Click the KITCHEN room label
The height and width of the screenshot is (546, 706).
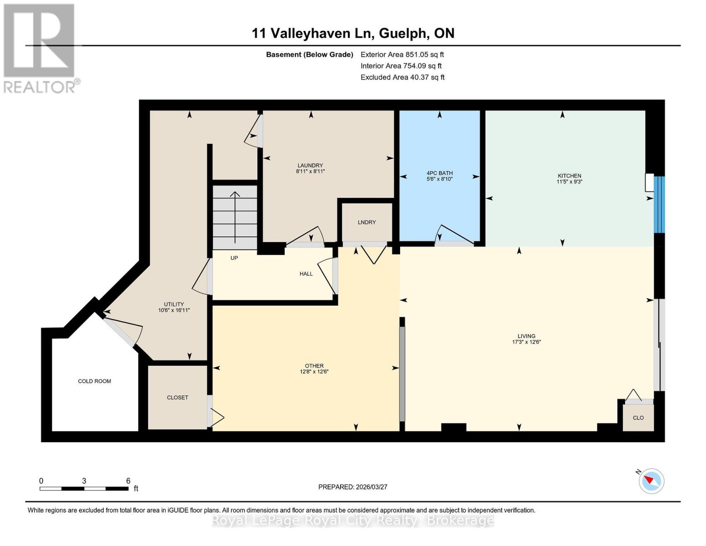click(x=569, y=176)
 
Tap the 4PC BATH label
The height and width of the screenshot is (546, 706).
click(x=439, y=173)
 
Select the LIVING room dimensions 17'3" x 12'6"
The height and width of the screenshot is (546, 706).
click(x=526, y=342)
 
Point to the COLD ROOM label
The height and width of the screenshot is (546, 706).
click(x=95, y=381)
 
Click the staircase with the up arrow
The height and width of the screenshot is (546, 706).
click(x=235, y=217)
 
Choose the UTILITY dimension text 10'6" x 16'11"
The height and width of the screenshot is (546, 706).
click(x=174, y=310)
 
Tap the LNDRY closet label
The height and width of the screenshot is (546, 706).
click(x=366, y=222)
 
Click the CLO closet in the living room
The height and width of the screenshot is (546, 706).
click(x=638, y=418)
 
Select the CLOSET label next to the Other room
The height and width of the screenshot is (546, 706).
click(x=177, y=398)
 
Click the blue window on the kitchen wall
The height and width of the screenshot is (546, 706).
click(x=659, y=205)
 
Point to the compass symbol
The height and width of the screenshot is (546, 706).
click(x=651, y=481)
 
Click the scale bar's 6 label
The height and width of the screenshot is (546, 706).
click(x=128, y=481)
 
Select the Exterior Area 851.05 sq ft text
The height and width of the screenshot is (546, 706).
click(x=402, y=55)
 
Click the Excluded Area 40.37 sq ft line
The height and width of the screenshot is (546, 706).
click(x=402, y=77)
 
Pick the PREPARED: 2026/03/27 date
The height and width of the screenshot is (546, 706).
click(x=353, y=487)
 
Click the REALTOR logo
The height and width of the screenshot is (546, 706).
click(x=40, y=48)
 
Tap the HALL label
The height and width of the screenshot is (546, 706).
click(x=306, y=274)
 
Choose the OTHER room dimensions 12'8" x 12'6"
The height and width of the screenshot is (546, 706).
click(x=314, y=372)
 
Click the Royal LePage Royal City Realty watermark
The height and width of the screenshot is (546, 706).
click(x=353, y=521)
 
